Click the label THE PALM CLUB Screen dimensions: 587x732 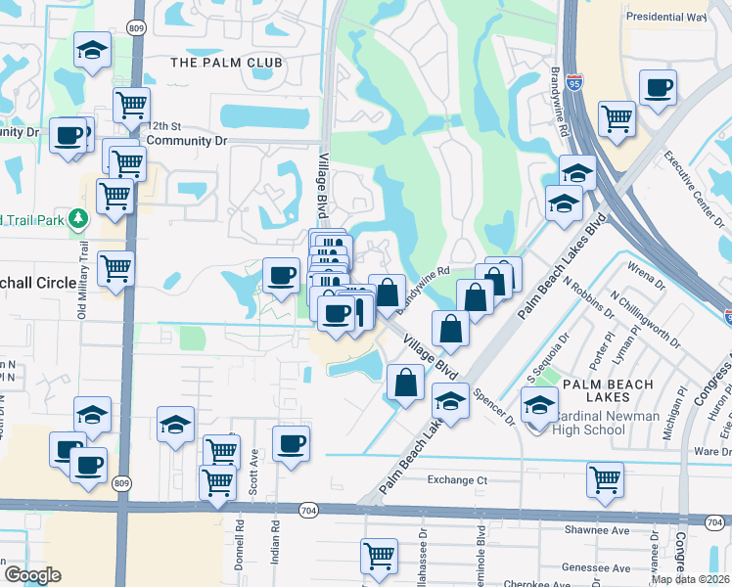[x=226, y=63]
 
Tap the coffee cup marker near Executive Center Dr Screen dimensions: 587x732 [x=657, y=87]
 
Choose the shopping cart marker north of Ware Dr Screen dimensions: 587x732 [x=606, y=479]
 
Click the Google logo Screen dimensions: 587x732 [x=32, y=575]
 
